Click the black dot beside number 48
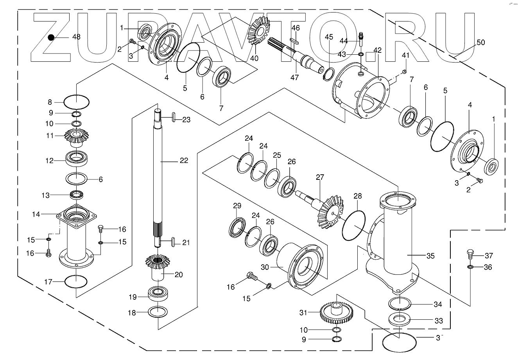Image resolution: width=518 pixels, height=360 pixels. [x=51, y=38]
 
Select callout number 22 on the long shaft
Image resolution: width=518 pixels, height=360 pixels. [x=183, y=160]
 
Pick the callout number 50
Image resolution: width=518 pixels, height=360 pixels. [x=480, y=43]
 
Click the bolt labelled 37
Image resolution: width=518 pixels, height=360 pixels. [x=471, y=254]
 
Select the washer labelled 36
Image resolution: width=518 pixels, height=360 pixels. [x=471, y=267]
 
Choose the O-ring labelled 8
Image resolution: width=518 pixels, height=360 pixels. [x=77, y=102]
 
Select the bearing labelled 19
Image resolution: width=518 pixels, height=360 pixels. [x=158, y=293]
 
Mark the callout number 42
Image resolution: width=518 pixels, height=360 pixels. [x=377, y=50]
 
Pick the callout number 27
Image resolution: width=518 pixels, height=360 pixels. [x=320, y=177]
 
